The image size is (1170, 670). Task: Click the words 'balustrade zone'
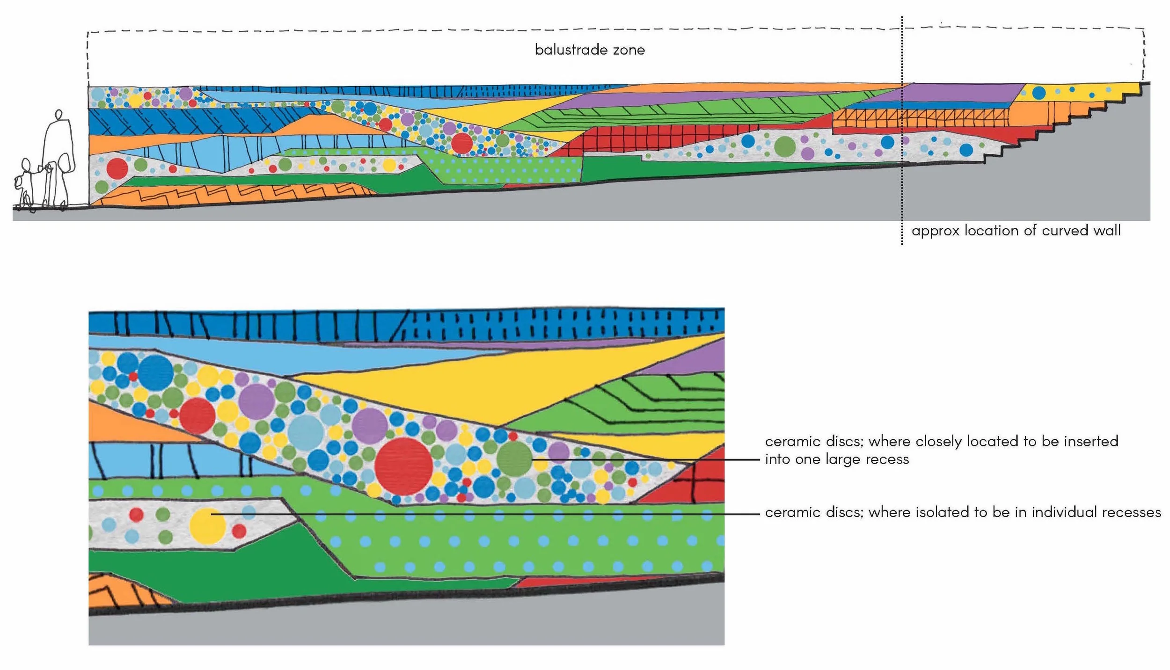pos(589,50)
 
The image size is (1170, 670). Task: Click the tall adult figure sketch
pos(58,150)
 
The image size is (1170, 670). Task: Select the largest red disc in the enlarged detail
pos(403,466)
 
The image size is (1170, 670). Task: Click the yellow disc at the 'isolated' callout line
pos(207,526)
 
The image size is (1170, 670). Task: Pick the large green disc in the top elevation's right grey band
pos(785,146)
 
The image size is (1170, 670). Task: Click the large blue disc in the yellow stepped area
pos(1038,93)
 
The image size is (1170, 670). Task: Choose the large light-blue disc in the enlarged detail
pos(306,432)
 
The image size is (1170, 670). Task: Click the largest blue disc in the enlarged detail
pos(155,373)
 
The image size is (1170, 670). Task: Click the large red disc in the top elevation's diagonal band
pos(461,143)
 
